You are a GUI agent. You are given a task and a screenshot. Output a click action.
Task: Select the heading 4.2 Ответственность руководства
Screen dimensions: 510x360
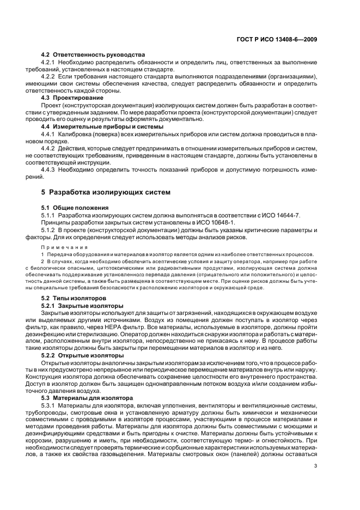(x=93, y=55)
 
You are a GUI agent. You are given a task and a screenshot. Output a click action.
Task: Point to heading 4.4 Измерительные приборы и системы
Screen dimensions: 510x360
(x=99, y=126)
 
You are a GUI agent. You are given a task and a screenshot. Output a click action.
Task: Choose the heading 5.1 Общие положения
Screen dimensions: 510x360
(x=75, y=208)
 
